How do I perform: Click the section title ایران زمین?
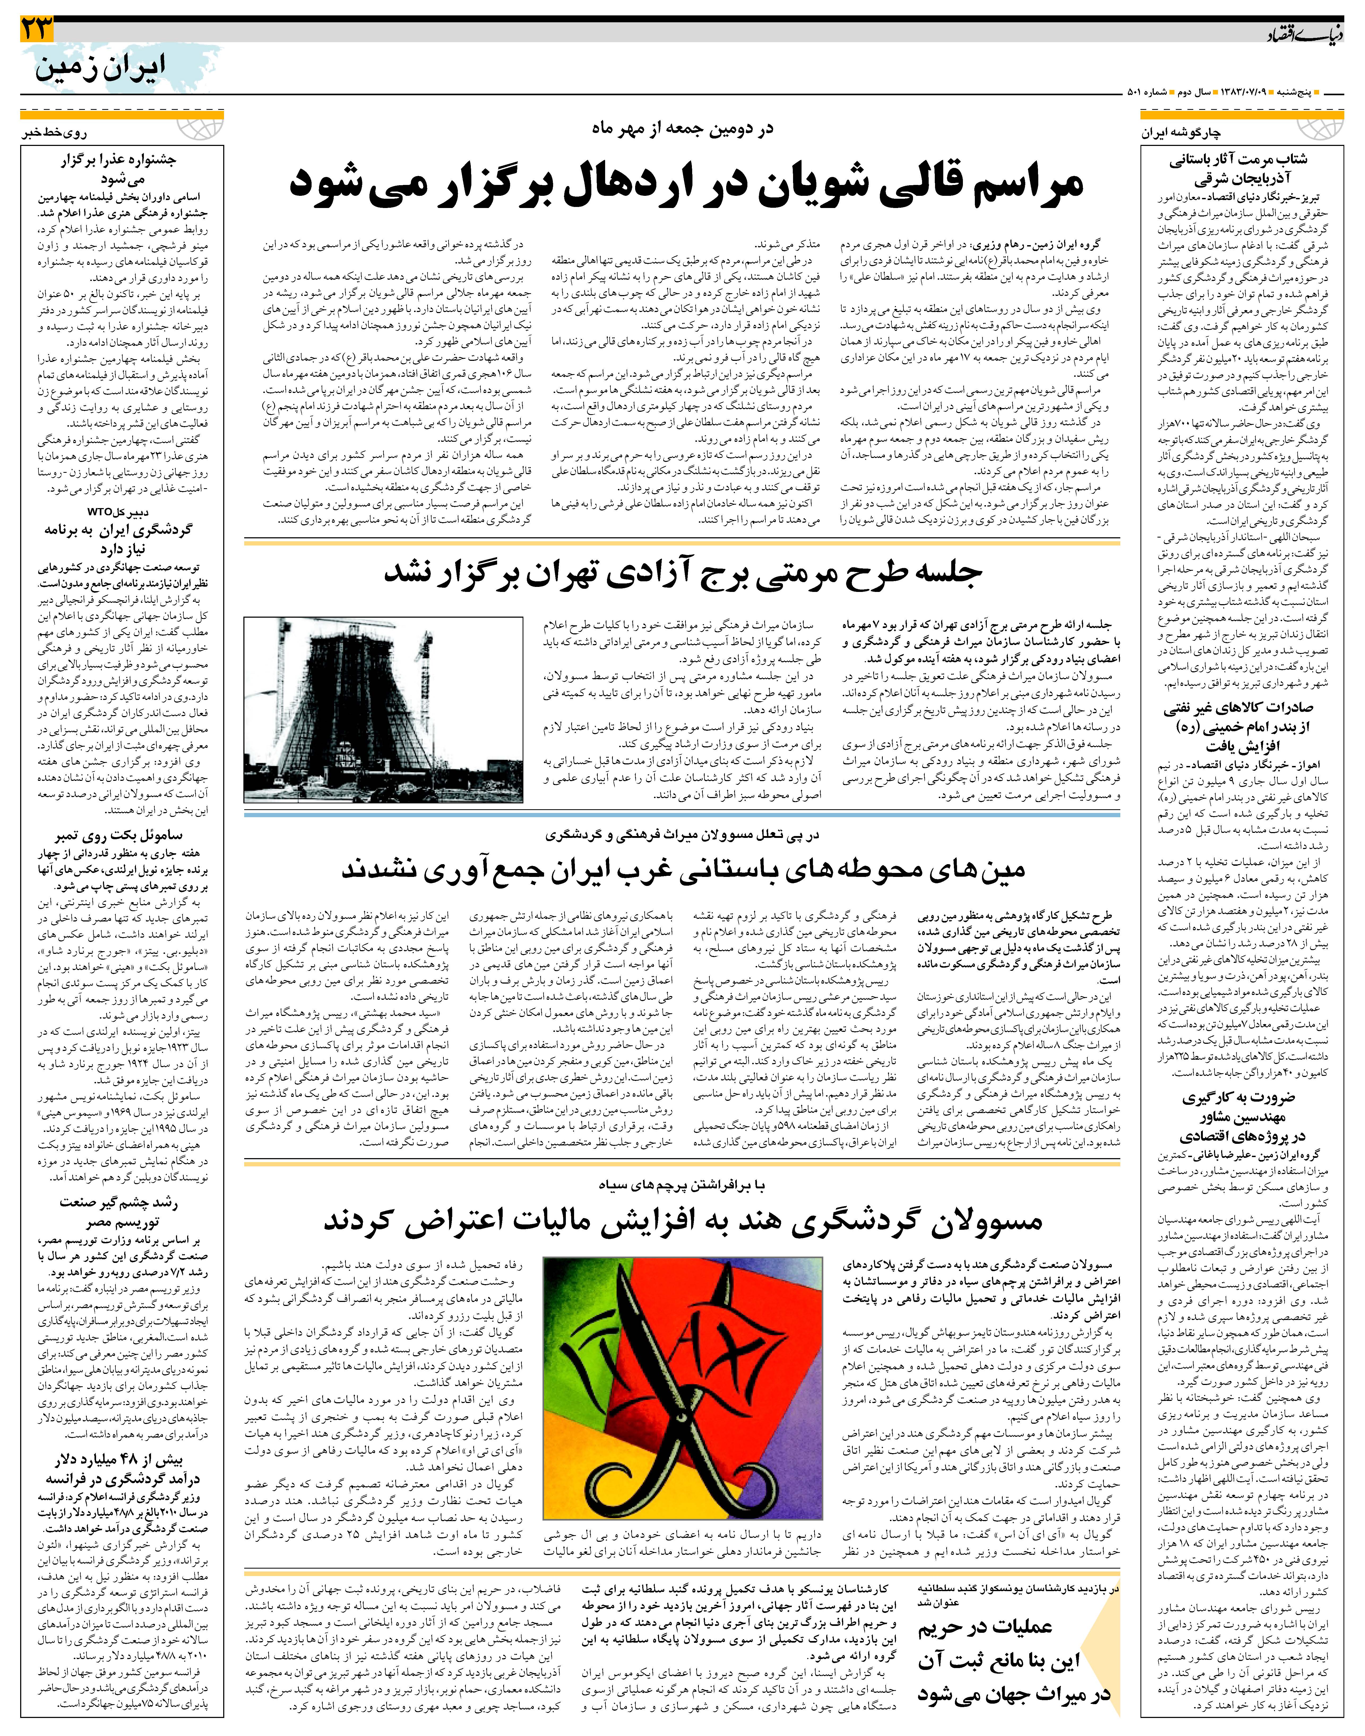point(100,68)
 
